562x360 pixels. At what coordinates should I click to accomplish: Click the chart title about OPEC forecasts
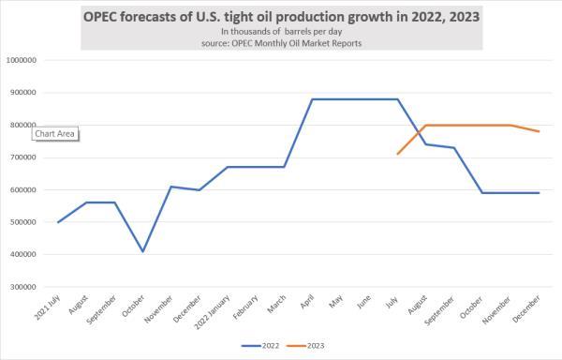[281, 15]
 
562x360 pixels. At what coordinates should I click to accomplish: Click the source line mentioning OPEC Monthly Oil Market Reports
[281, 42]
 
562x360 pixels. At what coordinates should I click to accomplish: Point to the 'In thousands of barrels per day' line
[281, 31]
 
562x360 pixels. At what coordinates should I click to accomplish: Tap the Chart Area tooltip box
[55, 133]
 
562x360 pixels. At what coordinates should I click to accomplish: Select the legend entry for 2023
[310, 345]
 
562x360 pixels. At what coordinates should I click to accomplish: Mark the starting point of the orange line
[398, 154]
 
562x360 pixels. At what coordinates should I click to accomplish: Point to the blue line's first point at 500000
[58, 222]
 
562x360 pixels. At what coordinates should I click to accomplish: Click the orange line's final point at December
[540, 131]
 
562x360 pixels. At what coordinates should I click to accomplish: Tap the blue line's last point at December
[540, 193]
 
